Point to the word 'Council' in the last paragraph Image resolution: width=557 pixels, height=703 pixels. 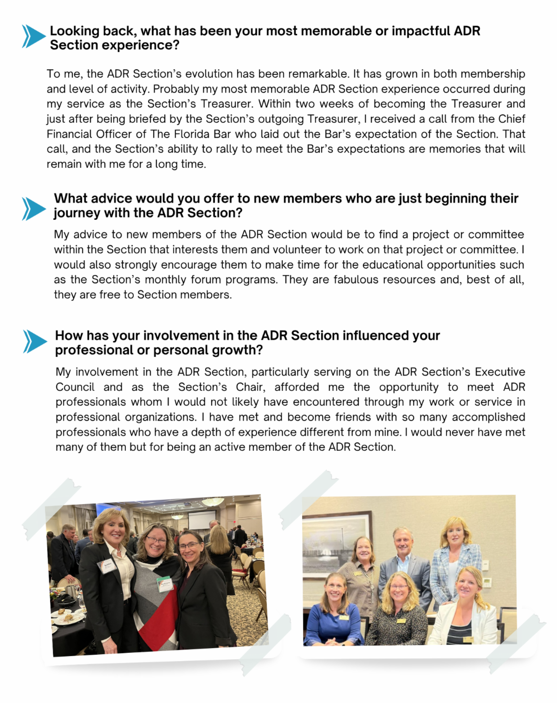[75, 388]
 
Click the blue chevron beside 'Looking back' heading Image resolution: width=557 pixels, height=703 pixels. [33, 37]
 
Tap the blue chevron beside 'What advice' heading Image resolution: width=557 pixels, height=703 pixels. [33, 209]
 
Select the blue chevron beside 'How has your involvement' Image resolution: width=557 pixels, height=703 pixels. [35, 342]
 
